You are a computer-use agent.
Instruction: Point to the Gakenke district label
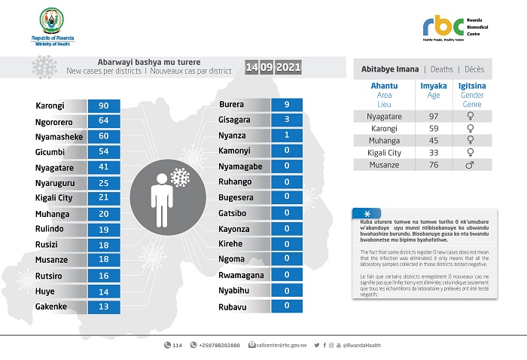coord(52,307)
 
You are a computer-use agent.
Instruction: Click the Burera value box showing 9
coord(287,105)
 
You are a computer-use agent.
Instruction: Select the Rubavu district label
coord(233,305)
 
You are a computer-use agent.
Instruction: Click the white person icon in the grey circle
coord(161,198)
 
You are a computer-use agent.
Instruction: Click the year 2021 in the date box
coord(288,68)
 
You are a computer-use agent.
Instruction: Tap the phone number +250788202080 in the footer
coord(219,345)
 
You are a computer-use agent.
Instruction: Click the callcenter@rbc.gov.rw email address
coord(280,345)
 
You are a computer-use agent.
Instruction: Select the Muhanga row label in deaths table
coord(385,139)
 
